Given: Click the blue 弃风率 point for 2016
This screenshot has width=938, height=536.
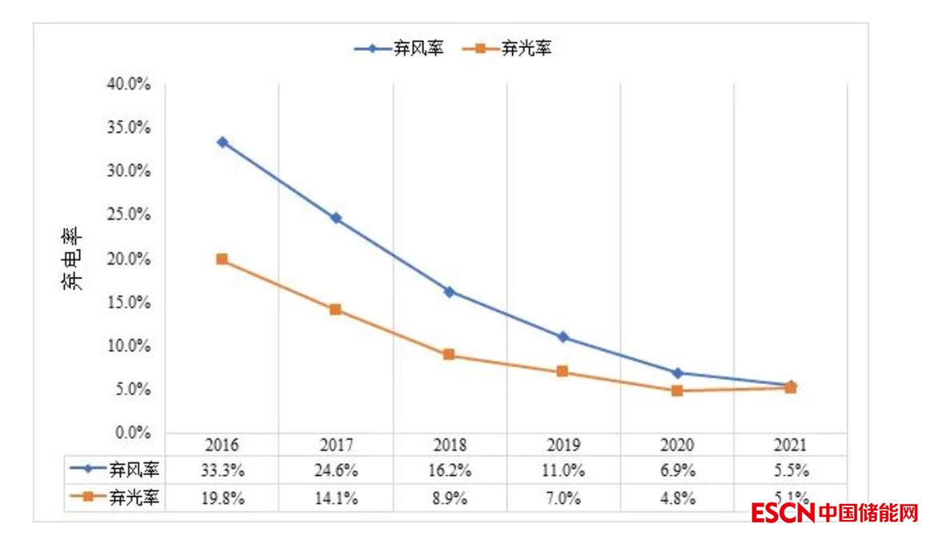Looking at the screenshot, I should point(222,142).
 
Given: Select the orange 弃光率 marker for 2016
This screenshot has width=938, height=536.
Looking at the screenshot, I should point(222,259).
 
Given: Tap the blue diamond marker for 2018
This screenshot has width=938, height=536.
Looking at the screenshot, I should point(450,292).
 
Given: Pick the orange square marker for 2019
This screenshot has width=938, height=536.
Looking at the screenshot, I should point(563,372).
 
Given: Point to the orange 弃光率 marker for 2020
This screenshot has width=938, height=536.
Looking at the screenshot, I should point(677,390).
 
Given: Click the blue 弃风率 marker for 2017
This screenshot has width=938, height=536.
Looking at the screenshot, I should point(336,218).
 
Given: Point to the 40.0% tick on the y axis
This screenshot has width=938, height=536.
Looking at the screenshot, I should point(129,84).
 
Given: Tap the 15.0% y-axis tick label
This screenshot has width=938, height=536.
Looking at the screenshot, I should point(129,302).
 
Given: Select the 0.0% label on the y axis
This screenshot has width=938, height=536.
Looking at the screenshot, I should point(132,433).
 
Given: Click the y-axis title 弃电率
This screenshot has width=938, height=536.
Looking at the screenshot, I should point(72,260).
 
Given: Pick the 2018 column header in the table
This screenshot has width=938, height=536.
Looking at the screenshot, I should point(450,445).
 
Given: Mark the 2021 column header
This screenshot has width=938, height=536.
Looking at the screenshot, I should point(791,445).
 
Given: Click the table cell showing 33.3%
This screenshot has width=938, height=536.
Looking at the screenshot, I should point(222,470).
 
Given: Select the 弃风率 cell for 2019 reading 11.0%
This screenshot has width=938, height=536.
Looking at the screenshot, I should point(563,470).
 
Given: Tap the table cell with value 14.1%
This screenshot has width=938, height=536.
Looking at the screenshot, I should point(336,498).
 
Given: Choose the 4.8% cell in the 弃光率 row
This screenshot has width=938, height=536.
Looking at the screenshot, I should point(677,498).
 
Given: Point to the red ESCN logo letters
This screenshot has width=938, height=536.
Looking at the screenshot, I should point(782,513).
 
